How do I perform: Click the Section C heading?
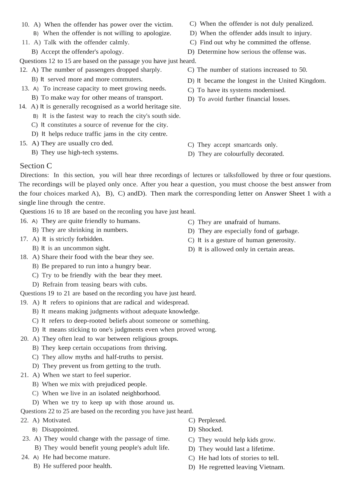tap(36, 166)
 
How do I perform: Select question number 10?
tap(25, 25)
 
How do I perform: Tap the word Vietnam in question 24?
tap(271, 467)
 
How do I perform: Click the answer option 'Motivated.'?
tap(57, 420)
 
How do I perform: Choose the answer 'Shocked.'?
tap(210, 429)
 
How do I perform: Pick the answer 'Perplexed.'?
tap(212, 420)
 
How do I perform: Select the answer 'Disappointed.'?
tap(60, 429)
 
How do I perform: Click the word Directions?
tap(34, 175)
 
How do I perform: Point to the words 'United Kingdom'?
tap(302, 81)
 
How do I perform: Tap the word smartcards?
tap(248, 145)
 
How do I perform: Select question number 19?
tap(24, 302)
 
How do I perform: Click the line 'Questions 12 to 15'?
tap(108, 61)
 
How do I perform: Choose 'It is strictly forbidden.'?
tap(72, 239)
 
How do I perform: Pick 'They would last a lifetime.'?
tap(236, 449)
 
